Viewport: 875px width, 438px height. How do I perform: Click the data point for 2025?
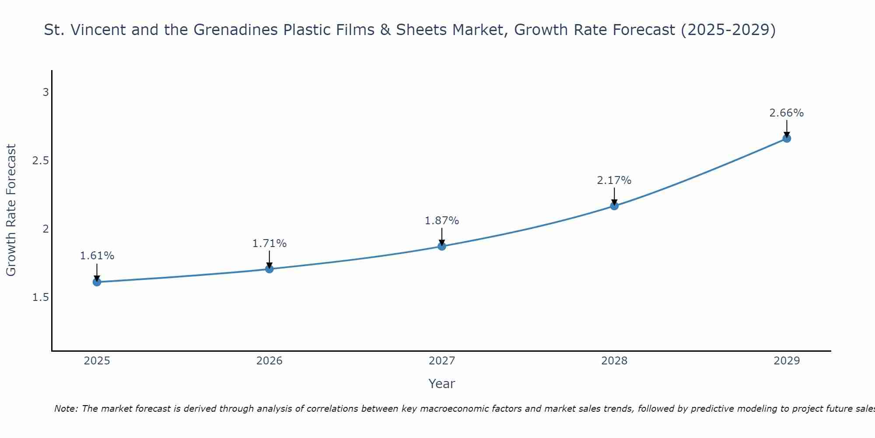coord(97,282)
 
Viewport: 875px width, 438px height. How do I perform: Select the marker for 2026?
coord(269,269)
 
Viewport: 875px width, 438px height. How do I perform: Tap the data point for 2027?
coord(442,246)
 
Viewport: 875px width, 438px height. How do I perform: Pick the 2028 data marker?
coord(614,206)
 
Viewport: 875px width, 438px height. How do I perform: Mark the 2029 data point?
coord(787,138)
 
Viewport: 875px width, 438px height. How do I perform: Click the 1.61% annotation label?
coord(97,256)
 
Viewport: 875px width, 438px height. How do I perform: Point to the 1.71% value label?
coord(269,244)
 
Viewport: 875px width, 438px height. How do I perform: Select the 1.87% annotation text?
coord(442,221)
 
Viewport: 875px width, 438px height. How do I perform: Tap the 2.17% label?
coord(614,180)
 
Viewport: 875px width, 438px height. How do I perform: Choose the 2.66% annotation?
coord(787,113)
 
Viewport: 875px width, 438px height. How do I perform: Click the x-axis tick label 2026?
coord(269,361)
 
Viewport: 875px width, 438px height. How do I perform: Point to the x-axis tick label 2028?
coord(614,361)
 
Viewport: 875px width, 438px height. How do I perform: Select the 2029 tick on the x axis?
coord(787,361)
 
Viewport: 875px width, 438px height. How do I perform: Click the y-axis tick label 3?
coord(45,92)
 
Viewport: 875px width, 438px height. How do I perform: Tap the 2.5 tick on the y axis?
coord(41,161)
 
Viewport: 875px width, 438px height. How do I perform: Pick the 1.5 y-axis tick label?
coord(41,297)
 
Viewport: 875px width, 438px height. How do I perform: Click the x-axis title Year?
coord(442,384)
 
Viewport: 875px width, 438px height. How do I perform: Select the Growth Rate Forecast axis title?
coord(11,210)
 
